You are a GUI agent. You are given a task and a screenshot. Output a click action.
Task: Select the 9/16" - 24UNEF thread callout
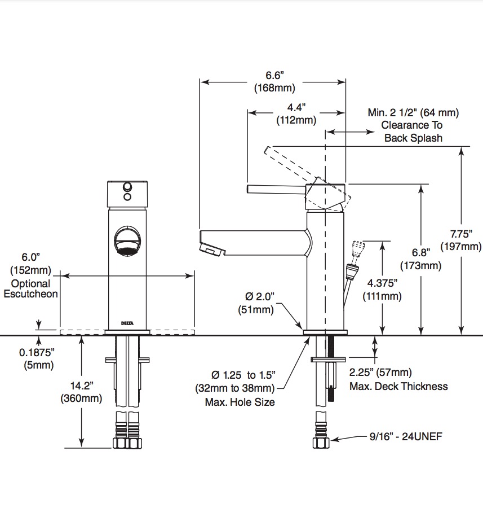406,436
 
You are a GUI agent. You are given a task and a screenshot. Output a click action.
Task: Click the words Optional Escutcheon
31,288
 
